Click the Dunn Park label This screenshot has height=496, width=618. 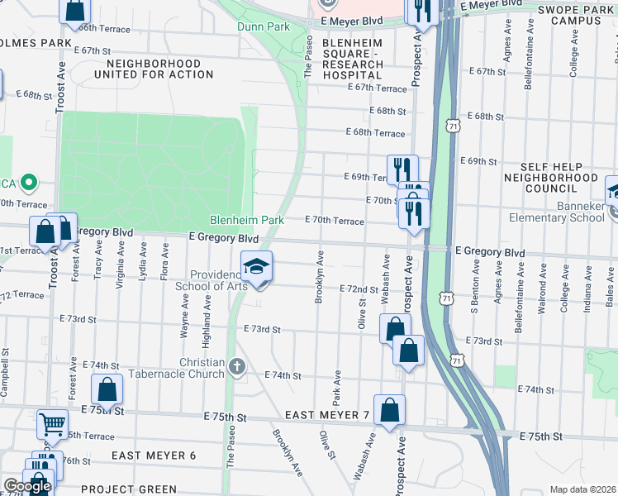(x=263, y=26)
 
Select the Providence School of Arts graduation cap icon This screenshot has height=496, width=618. (x=257, y=266)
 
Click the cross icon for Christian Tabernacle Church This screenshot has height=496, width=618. (x=238, y=366)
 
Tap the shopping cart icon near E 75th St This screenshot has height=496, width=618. (x=52, y=424)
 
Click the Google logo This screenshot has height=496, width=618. (x=26, y=486)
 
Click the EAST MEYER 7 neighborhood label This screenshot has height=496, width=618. (x=328, y=414)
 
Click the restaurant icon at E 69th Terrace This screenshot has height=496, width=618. (x=402, y=169)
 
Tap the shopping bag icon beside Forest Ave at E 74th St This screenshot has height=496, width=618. (x=107, y=389)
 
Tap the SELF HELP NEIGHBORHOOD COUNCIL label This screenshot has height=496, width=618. (x=549, y=178)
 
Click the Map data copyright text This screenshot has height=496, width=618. (x=582, y=489)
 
